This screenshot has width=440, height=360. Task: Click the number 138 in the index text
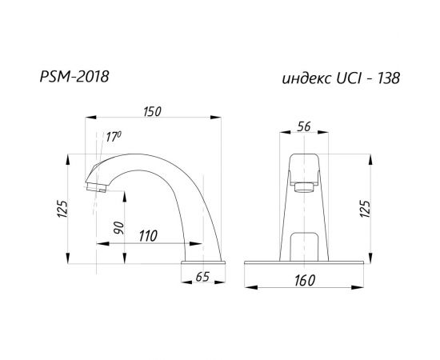386,78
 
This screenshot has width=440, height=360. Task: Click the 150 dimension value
152,111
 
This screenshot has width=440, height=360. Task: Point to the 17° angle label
114,137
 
